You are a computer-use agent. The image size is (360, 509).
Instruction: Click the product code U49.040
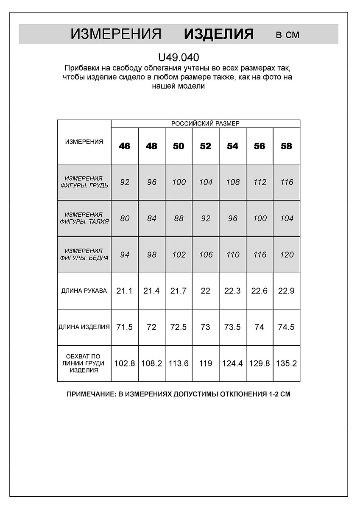179,57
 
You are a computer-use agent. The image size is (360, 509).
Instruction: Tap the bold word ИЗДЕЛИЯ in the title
219,34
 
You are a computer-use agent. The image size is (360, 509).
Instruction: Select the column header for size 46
125,146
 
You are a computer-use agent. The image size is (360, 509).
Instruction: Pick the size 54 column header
232,146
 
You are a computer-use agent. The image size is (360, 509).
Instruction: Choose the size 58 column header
287,146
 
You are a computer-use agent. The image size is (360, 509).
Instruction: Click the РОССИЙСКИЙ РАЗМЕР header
205,123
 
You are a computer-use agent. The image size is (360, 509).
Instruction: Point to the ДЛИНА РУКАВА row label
84,291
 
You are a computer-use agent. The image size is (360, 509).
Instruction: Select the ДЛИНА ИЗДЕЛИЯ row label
84,327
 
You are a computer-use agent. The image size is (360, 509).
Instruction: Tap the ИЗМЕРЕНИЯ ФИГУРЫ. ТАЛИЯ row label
84,218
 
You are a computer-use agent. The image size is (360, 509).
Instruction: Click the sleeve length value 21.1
125,291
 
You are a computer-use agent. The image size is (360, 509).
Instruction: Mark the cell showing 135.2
287,364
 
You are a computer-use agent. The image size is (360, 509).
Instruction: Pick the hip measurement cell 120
287,255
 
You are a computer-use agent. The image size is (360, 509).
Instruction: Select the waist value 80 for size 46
125,218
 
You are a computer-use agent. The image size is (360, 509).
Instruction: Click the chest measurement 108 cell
232,182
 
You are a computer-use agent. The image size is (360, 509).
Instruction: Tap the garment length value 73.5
232,327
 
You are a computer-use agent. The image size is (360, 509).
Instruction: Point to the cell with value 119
206,364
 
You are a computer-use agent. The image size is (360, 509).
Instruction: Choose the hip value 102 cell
179,255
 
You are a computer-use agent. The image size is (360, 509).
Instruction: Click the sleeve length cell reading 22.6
260,291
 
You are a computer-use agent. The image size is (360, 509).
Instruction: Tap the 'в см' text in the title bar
287,35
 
